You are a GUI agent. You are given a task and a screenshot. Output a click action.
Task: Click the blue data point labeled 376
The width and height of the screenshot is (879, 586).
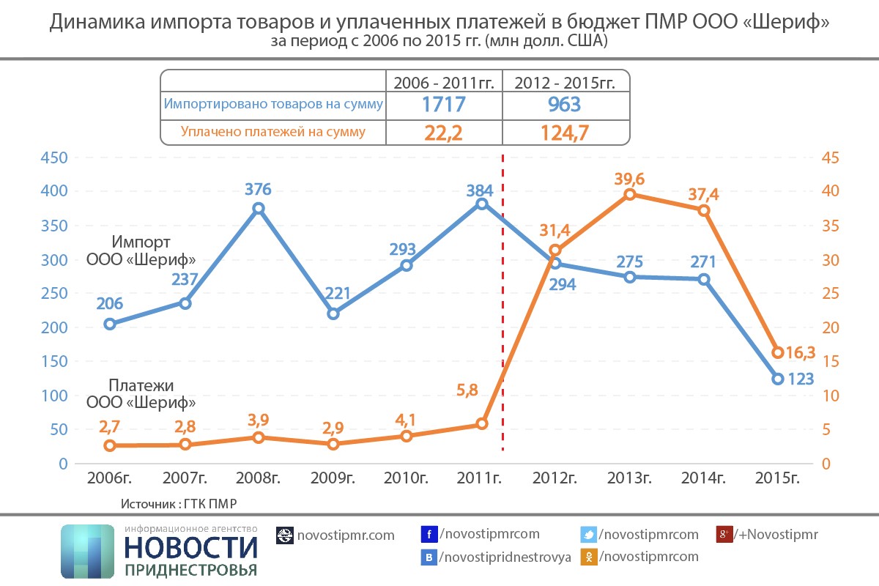tap(259, 209)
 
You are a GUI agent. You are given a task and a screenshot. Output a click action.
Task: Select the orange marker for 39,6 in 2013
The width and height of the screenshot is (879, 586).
tap(629, 194)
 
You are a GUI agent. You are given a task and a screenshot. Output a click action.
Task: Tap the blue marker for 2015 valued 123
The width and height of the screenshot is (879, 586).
tap(778, 379)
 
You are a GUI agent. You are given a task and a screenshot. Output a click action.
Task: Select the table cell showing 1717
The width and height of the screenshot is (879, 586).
tap(443, 105)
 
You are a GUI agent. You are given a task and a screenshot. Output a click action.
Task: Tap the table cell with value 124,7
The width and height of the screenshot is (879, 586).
tap(565, 133)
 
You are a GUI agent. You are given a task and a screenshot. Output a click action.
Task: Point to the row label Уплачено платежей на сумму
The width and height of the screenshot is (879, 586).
tap(272, 133)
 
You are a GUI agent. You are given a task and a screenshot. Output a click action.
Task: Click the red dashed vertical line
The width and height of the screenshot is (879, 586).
tap(502, 308)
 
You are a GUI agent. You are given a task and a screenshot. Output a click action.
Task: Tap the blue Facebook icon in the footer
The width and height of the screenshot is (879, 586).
tap(429, 534)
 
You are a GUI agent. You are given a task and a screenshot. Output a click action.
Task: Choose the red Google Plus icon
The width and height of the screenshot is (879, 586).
tap(724, 534)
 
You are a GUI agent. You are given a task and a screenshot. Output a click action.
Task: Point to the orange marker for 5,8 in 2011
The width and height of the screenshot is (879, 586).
tap(481, 424)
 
